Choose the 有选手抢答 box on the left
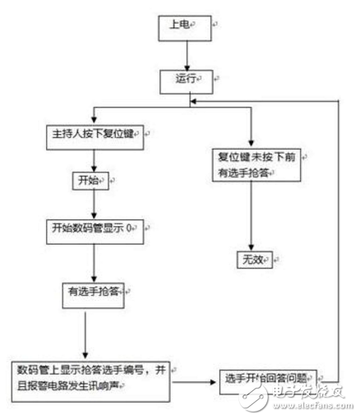pyautogui.click(x=93, y=292)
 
